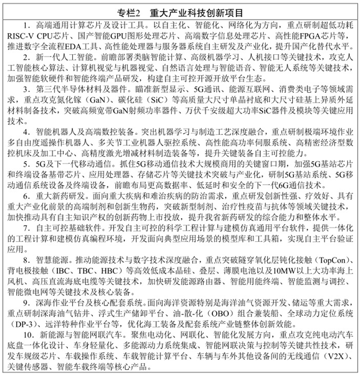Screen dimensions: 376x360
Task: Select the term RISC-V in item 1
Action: point(22,36)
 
